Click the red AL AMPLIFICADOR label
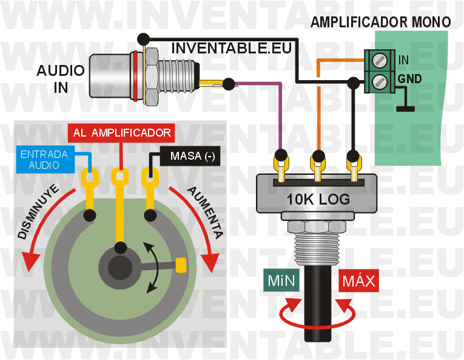(122, 132)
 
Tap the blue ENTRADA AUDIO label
(40, 159)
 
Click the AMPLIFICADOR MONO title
(380, 22)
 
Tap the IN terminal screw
(378, 60)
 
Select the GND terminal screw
(378, 80)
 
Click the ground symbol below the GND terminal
(405, 109)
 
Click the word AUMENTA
(206, 211)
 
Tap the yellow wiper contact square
(180, 265)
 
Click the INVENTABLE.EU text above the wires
(232, 47)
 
